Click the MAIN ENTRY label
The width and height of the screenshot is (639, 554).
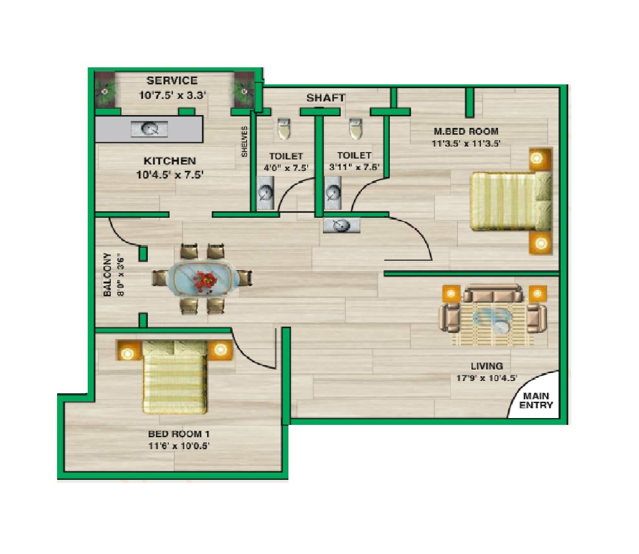click(x=535, y=401)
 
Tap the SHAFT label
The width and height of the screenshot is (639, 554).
click(x=325, y=98)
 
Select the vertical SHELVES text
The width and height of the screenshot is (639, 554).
click(x=245, y=141)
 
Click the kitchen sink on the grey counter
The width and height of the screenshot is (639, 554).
click(x=149, y=128)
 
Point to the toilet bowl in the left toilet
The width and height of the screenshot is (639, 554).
click(x=284, y=129)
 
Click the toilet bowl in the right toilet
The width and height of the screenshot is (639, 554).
click(x=356, y=129)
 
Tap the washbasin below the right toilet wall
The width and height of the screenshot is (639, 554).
click(x=341, y=225)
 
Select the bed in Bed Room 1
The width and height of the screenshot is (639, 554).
click(x=175, y=377)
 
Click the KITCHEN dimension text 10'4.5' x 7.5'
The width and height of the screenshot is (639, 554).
click(x=170, y=175)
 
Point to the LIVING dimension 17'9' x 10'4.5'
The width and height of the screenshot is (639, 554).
click(x=486, y=378)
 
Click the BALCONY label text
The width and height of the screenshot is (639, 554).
click(x=107, y=274)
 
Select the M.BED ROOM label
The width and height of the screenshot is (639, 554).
click(x=466, y=132)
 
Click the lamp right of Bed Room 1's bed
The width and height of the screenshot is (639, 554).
click(x=220, y=350)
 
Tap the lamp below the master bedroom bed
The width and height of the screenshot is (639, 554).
click(x=540, y=243)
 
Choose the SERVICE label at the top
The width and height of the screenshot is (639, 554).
click(x=172, y=81)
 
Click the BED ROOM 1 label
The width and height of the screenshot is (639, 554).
click(x=178, y=434)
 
